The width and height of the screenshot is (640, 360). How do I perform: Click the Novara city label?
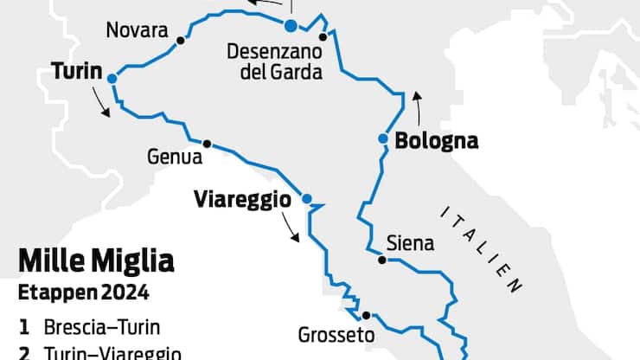[x=137, y=30]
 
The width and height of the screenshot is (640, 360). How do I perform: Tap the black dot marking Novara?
[x=180, y=41]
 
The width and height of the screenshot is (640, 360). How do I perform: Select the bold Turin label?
[x=77, y=69]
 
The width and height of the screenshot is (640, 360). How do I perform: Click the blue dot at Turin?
[x=112, y=78]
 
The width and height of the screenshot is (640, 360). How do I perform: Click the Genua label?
[x=175, y=157]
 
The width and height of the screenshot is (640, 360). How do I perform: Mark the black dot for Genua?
[x=207, y=144]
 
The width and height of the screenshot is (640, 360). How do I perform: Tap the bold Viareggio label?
[x=241, y=199]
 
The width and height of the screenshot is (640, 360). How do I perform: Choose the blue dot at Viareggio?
[x=306, y=198]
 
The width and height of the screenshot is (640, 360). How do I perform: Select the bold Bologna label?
[x=436, y=140]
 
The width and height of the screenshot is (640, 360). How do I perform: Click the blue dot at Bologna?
[x=382, y=138]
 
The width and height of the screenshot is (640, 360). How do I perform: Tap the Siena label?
[x=411, y=243]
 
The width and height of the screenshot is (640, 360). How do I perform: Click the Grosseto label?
[x=336, y=334]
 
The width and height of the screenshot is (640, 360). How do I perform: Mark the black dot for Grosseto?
[x=366, y=315]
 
